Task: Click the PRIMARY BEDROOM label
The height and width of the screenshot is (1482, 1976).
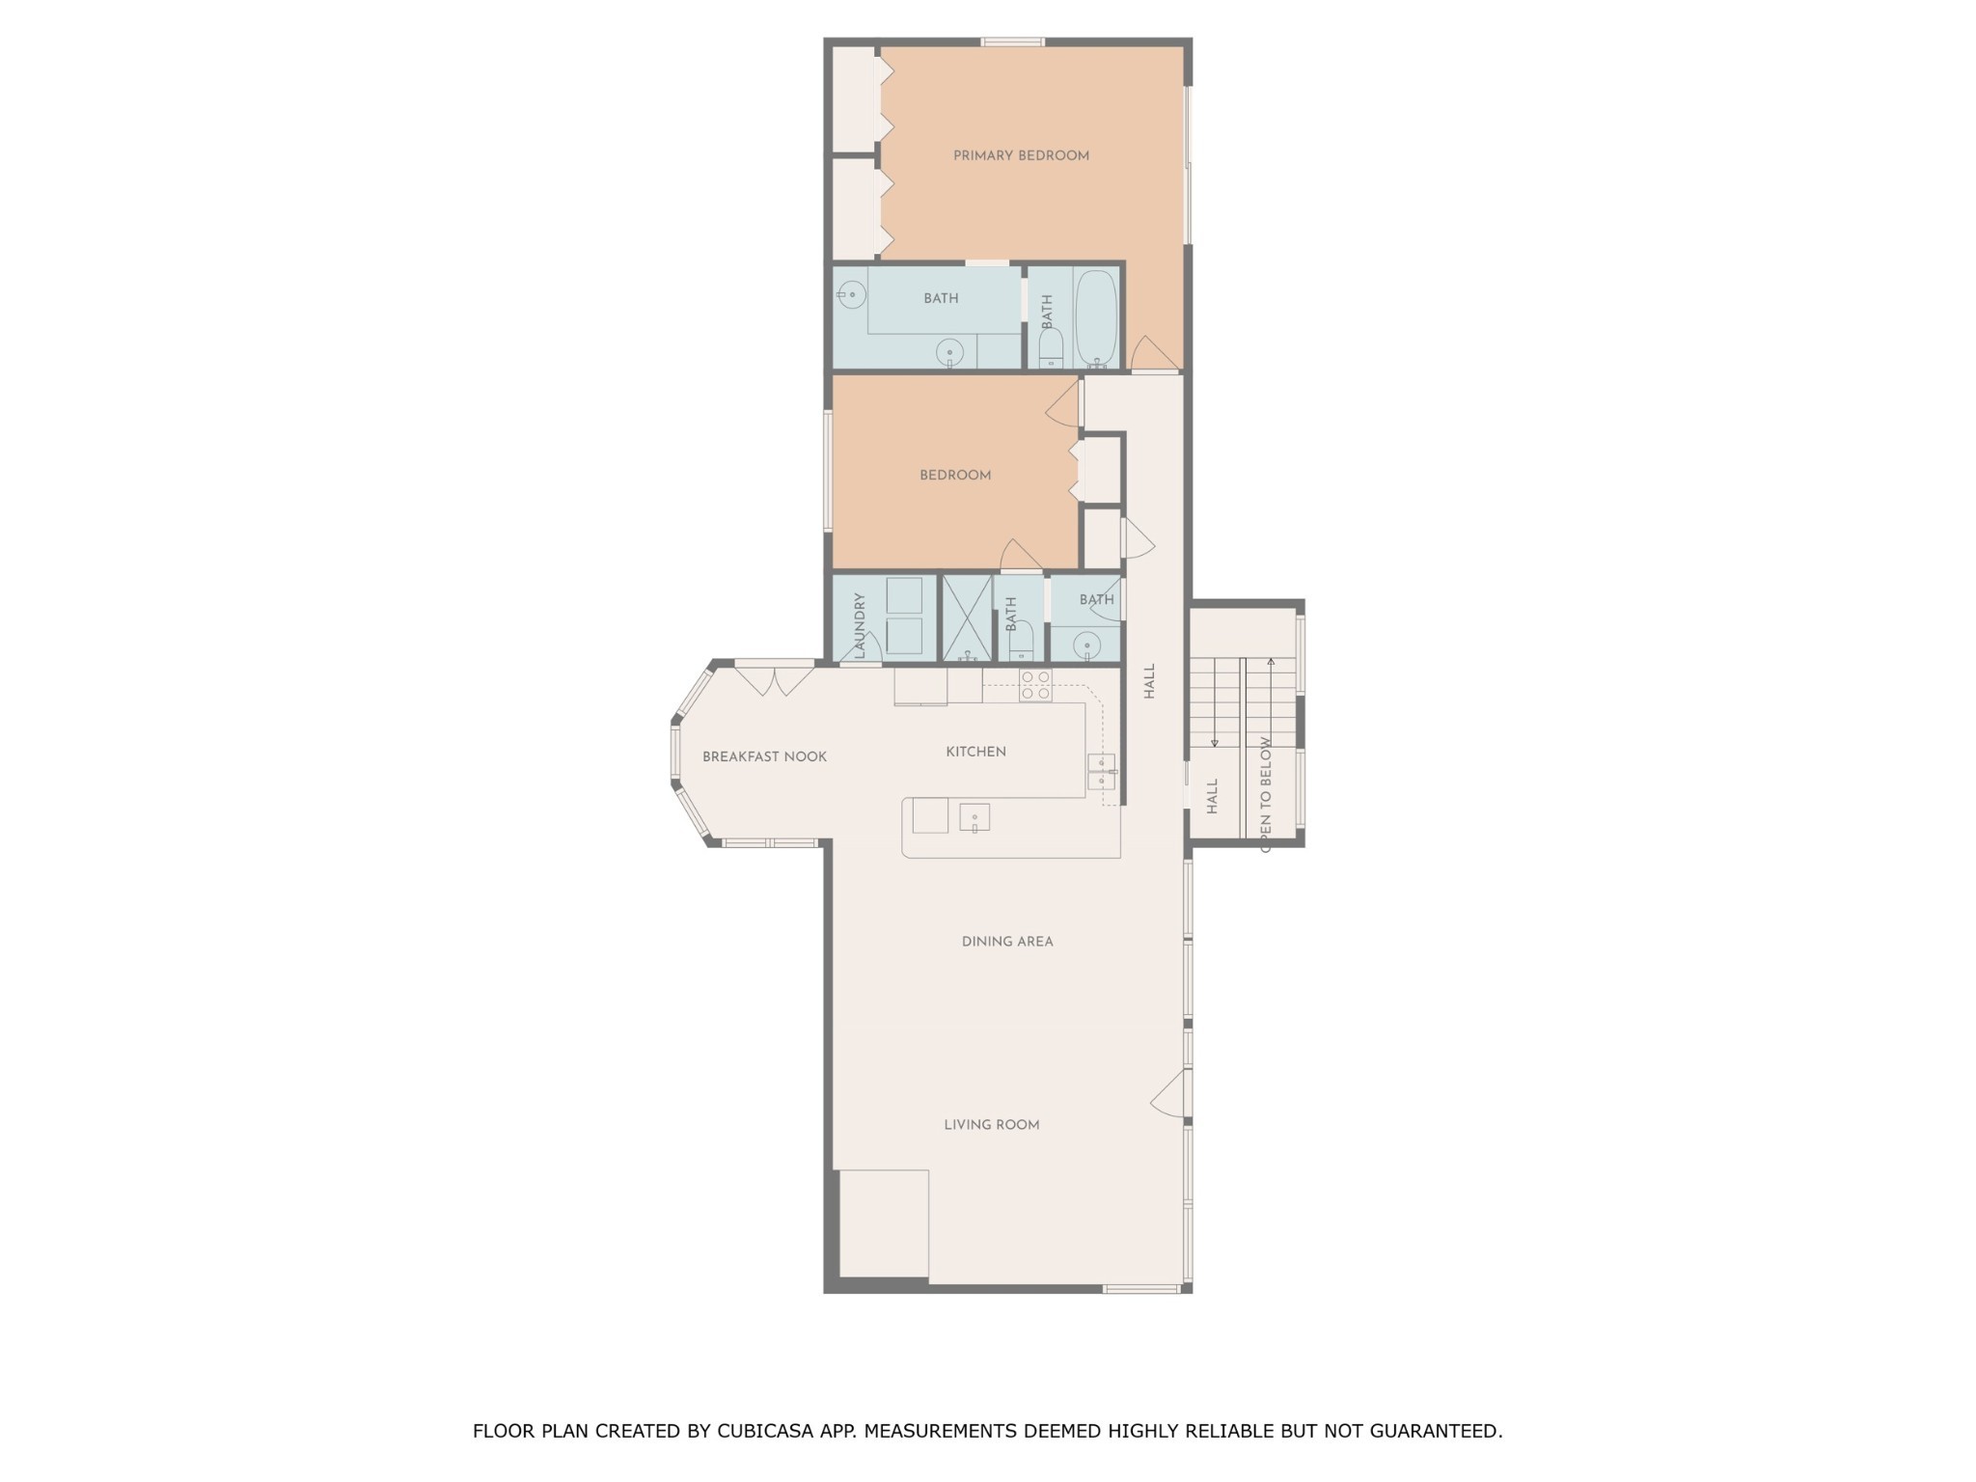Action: coord(1021,155)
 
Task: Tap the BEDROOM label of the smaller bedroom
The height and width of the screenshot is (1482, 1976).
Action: coord(955,475)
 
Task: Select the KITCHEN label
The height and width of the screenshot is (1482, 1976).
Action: coord(975,752)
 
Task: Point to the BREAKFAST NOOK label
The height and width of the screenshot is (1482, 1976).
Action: coord(764,756)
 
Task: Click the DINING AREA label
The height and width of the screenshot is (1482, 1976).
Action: coord(1007,941)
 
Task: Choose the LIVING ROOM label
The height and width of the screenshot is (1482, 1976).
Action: coord(991,1124)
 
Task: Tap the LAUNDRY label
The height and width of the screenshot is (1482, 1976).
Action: coord(860,626)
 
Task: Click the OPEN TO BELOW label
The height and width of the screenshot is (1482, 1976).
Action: coord(1265,794)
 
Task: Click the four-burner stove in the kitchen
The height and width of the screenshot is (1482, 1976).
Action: coord(1035,685)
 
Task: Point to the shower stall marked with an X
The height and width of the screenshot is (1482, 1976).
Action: coord(967,618)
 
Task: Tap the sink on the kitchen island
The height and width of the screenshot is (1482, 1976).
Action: coord(974,818)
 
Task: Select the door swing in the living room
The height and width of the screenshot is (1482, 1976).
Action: coord(1167,1092)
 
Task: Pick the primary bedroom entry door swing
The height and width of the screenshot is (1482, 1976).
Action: coord(1154,353)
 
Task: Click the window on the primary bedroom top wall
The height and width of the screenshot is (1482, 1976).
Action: coord(1013,41)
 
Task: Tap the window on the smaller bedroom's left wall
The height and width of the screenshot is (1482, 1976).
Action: coord(828,471)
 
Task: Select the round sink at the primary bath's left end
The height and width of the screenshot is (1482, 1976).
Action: coord(852,294)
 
